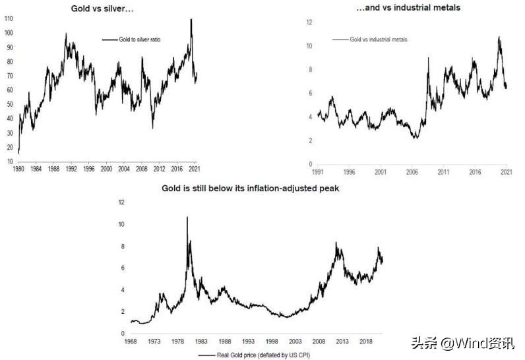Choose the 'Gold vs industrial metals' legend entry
[x=378, y=40]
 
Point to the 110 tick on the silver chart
[x=8, y=20]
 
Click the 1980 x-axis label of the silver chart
[x=19, y=169]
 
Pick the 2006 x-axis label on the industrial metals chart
[x=412, y=171]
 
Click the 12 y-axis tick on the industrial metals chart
[x=308, y=22]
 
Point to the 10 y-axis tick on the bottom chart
[x=121, y=224]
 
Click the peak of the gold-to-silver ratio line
[x=191, y=19]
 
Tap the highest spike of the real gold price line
[x=187, y=217]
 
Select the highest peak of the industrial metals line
[x=499, y=38]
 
